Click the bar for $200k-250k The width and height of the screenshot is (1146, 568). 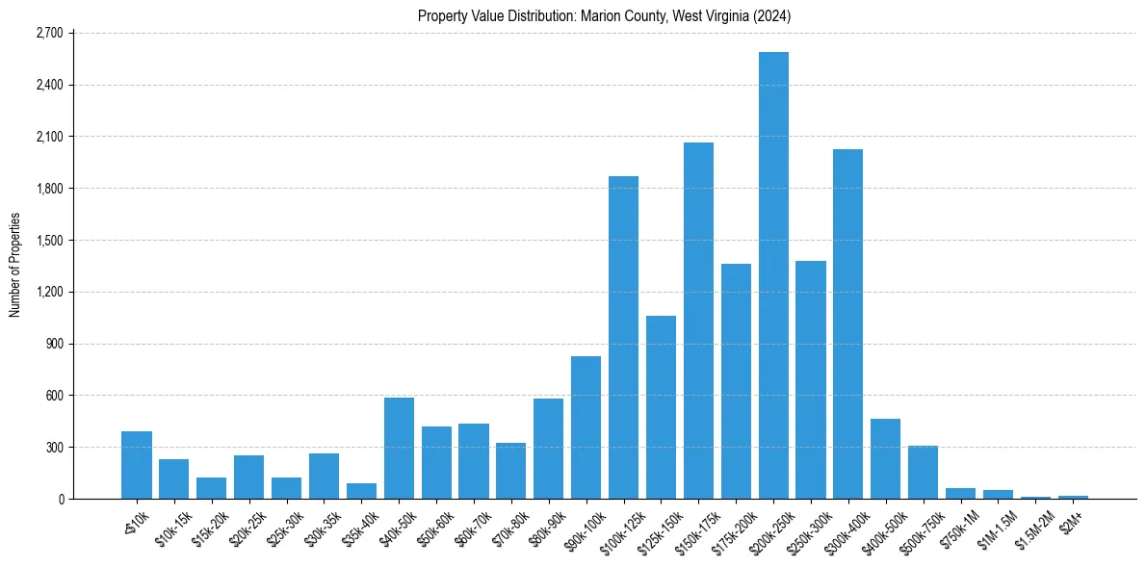pyautogui.click(x=773, y=275)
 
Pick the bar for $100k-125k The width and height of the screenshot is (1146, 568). pyautogui.click(x=623, y=337)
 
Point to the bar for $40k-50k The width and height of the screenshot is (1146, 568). pyautogui.click(x=399, y=448)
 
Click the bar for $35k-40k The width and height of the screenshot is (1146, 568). pyautogui.click(x=362, y=491)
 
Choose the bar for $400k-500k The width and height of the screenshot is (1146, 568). pyautogui.click(x=885, y=458)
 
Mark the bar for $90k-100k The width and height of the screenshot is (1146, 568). pyautogui.click(x=586, y=427)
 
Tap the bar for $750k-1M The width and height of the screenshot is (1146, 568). pyautogui.click(x=960, y=493)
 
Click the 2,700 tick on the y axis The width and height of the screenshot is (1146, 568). pyautogui.click(x=49, y=33)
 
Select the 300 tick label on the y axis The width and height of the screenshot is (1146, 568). pyautogui.click(x=54, y=447)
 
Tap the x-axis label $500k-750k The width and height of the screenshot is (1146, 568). pyautogui.click(x=916, y=528)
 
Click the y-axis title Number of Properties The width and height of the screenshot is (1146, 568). pyautogui.click(x=14, y=265)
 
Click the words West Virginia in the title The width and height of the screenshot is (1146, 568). pyautogui.click(x=712, y=15)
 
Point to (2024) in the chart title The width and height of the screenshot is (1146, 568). pyautogui.click(x=774, y=15)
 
